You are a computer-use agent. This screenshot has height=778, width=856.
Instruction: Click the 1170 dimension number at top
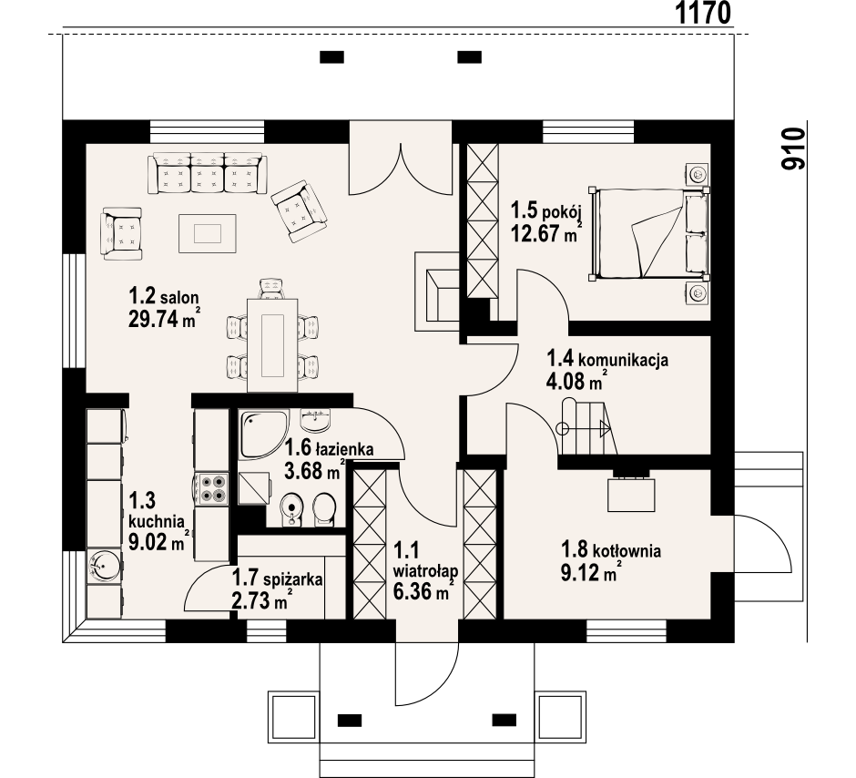click(703, 13)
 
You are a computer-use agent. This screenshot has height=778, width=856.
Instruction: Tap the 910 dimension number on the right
click(793, 149)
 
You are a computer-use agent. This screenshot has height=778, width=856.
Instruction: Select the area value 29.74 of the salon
click(154, 319)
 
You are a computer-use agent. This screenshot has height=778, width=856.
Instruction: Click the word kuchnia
click(156, 521)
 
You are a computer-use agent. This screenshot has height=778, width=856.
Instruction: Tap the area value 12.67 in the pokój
click(536, 233)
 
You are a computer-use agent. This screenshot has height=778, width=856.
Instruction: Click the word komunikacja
click(623, 361)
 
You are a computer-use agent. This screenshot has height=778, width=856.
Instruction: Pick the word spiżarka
click(292, 579)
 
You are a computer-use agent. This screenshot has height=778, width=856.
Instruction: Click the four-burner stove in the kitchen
click(213, 487)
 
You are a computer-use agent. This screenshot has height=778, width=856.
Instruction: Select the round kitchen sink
click(104, 566)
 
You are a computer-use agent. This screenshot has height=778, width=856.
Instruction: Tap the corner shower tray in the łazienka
click(262, 434)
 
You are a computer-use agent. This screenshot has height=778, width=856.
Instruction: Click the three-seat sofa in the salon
click(208, 173)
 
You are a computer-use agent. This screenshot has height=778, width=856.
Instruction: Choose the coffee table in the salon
click(208, 233)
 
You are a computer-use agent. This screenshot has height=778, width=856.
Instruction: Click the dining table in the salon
click(272, 344)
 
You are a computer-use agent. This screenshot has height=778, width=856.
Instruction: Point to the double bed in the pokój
click(649, 233)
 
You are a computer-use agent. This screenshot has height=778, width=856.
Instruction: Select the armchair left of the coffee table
click(121, 233)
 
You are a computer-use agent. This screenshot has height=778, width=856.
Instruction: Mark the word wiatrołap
click(425, 571)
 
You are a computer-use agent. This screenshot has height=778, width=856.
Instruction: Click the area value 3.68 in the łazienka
click(305, 470)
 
